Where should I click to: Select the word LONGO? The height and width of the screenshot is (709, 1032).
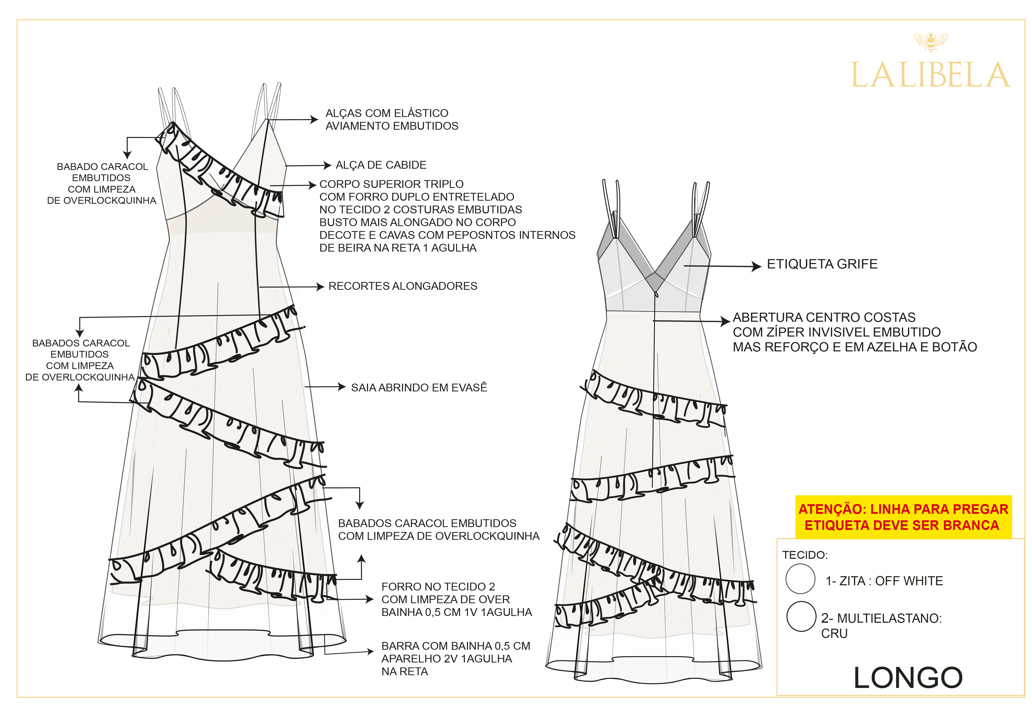click(x=908, y=678)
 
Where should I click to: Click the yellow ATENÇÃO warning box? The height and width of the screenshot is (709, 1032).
click(x=903, y=517)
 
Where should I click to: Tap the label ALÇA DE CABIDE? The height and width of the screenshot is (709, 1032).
click(x=381, y=165)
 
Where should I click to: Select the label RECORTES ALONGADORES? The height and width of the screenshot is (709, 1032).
click(x=403, y=286)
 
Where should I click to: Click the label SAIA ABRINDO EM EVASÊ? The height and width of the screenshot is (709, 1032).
click(x=419, y=388)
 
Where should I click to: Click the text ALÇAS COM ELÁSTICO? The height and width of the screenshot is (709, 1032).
click(x=387, y=113)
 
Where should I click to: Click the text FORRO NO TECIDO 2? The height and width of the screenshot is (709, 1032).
click(x=438, y=587)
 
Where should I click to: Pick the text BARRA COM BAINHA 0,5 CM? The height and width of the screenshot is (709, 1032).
click(x=455, y=646)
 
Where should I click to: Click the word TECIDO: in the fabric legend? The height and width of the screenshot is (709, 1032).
click(x=805, y=555)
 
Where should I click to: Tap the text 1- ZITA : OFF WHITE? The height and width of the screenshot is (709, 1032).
click(x=884, y=581)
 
